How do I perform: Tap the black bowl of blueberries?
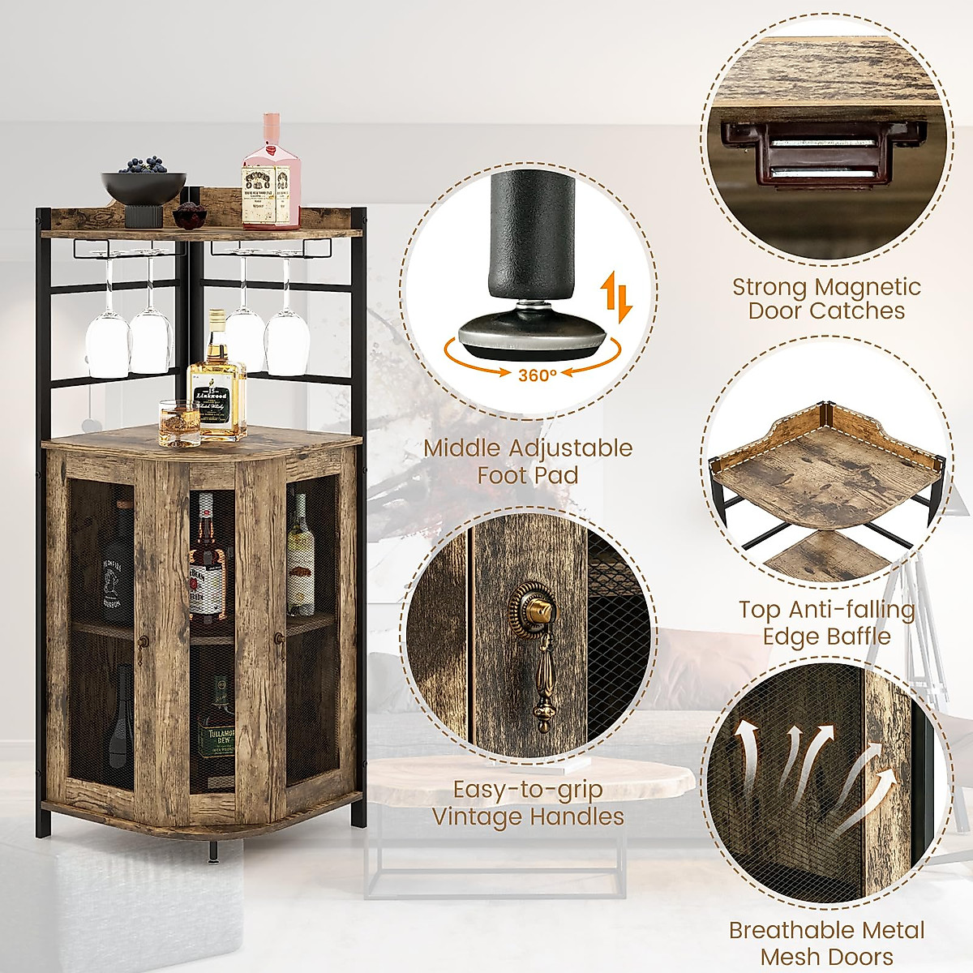click(x=144, y=186)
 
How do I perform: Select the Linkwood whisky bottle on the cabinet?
click(x=216, y=385)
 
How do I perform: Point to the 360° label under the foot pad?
click(x=537, y=374)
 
